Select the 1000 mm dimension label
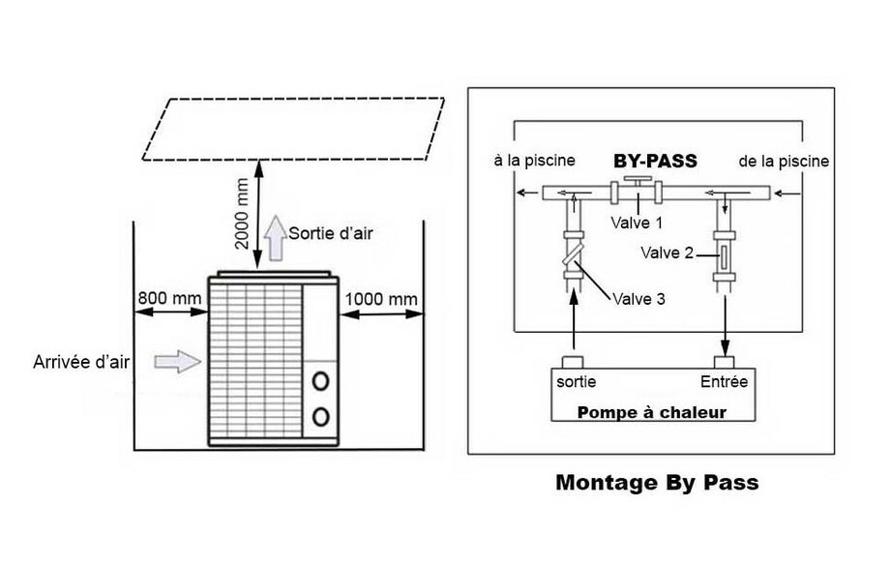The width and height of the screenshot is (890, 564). pyautogui.click(x=382, y=299)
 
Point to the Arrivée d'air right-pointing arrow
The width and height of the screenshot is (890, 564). pyautogui.click(x=179, y=362)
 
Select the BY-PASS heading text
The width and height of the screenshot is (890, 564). pyautogui.click(x=655, y=161)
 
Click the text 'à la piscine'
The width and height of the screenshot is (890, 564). pyautogui.click(x=535, y=161)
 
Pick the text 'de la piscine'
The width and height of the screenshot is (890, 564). pyautogui.click(x=783, y=161)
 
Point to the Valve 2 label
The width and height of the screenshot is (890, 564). pyautogui.click(x=667, y=254)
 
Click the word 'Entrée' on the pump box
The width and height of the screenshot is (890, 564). pyautogui.click(x=724, y=381)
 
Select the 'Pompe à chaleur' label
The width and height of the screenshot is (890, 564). pyautogui.click(x=652, y=412)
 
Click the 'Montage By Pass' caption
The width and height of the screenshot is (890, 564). pyautogui.click(x=657, y=483)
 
